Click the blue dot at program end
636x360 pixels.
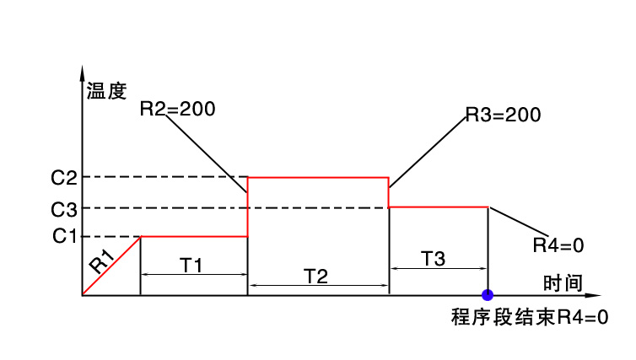[488, 295]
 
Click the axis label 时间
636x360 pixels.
[562, 282]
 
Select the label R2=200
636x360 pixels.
[177, 108]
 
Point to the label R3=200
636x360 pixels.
[503, 115]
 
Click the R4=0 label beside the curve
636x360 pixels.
[558, 245]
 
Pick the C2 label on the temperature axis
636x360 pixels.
[63, 178]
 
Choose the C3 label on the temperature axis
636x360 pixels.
[63, 208]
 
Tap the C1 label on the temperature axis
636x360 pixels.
[63, 236]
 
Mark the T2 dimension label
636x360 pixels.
[316, 276]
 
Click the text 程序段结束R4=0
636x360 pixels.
[529, 318]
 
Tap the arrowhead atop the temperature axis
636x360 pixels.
[83, 71]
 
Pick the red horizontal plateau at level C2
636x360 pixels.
[318, 177]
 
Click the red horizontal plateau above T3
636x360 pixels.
[439, 207]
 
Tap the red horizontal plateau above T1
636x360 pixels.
[194, 236]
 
